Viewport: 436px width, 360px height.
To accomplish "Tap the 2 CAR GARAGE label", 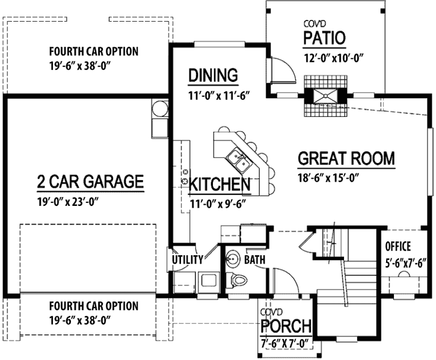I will click(x=90, y=181).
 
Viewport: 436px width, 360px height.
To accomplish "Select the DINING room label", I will click(x=213, y=75).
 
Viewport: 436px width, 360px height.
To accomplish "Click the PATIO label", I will click(x=324, y=38).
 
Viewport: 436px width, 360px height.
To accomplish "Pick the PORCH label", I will click(x=286, y=327).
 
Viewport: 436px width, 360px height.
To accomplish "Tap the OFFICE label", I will click(x=398, y=246).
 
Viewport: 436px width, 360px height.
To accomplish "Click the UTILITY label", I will click(x=187, y=259).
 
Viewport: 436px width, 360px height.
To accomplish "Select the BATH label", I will click(x=255, y=259).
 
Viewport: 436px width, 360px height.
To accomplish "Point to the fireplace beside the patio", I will click(x=325, y=96).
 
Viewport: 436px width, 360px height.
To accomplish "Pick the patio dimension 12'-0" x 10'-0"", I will click(x=336, y=59).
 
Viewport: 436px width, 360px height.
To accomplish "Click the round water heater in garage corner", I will click(x=158, y=109).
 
